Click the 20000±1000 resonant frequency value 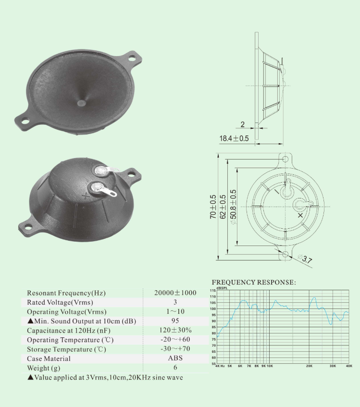click(175, 293)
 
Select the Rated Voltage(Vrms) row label click(60, 302)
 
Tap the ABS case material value click(175, 358)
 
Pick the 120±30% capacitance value click(175, 330)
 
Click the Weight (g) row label click(44, 368)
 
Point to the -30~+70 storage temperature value click(175, 348)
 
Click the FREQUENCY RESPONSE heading click(254, 283)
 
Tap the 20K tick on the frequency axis click(309, 366)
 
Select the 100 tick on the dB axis click(213, 309)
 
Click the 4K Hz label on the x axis click(220, 366)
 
